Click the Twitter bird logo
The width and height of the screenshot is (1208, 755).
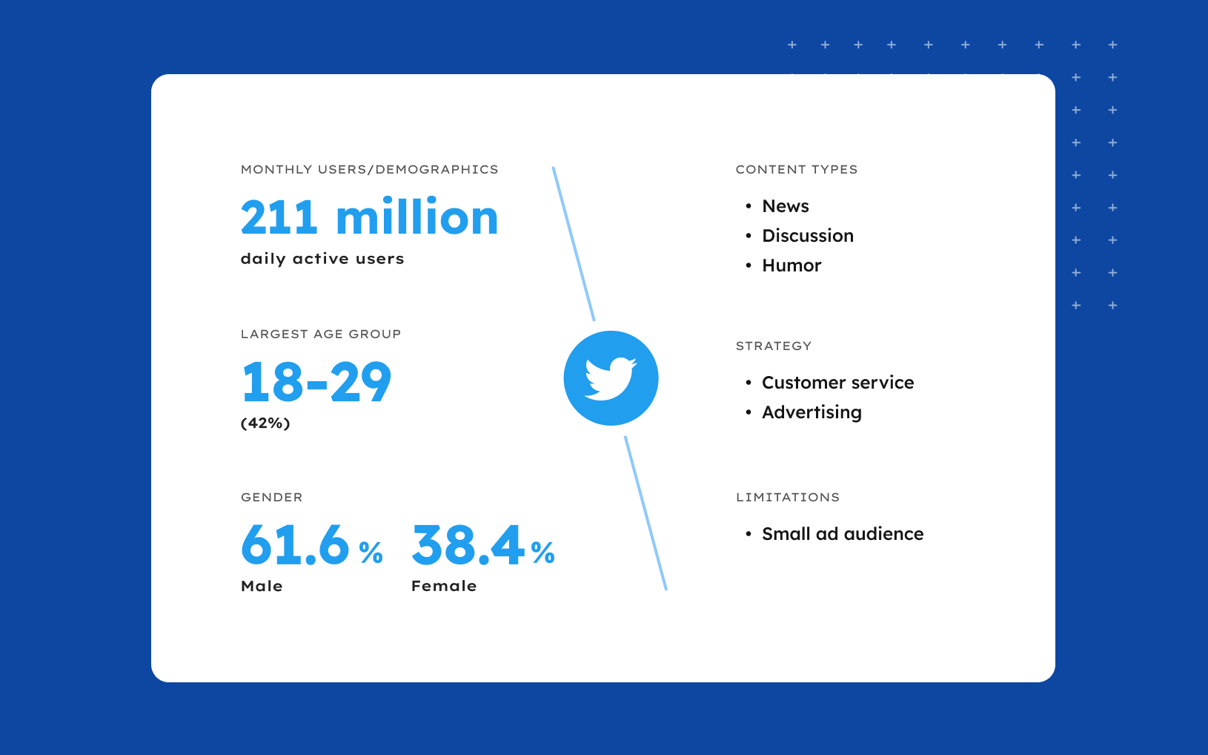(611, 378)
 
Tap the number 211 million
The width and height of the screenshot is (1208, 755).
(369, 217)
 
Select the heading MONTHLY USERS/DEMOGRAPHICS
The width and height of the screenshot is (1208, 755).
(369, 170)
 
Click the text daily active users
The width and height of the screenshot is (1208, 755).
(322, 259)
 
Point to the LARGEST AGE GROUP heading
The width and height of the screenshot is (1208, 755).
(321, 334)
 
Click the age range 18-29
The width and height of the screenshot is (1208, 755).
(316, 383)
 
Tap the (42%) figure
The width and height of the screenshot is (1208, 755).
(265, 423)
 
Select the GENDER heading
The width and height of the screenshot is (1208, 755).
(272, 498)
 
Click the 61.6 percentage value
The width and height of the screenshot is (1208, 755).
(311, 545)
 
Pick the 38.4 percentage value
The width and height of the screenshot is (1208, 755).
(482, 545)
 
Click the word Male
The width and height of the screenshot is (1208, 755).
(262, 586)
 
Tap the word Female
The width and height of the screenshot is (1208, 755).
(444, 586)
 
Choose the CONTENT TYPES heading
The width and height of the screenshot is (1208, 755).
(797, 170)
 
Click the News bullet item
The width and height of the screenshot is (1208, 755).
(786, 206)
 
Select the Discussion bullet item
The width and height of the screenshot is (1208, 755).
(808, 236)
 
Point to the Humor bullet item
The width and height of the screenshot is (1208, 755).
(791, 266)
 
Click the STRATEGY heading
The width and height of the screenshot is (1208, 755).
(774, 346)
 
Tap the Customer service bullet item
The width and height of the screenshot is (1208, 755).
(837, 383)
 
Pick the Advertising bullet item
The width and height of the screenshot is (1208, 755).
(812, 412)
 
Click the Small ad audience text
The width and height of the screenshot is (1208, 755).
(843, 534)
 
